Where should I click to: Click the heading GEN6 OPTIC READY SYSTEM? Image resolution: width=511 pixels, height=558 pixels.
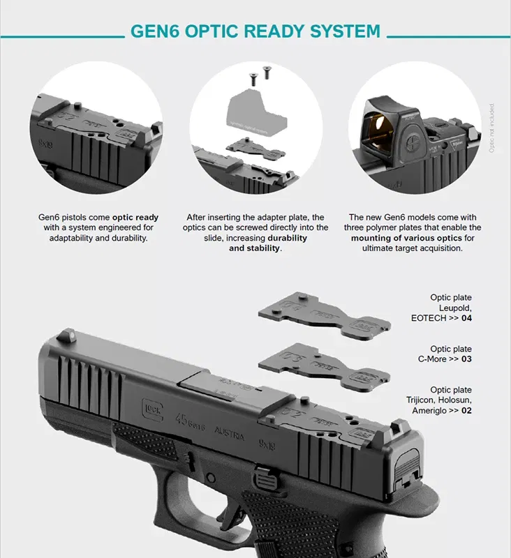(x=256, y=31)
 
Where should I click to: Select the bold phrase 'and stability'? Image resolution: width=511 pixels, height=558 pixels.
(x=254, y=248)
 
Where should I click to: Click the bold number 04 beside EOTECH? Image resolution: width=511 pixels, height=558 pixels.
(x=466, y=318)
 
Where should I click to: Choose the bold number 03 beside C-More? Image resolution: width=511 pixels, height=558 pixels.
(x=466, y=359)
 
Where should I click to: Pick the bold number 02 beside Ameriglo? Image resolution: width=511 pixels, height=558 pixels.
(x=466, y=411)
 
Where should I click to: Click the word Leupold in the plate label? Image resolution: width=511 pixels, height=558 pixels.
(x=455, y=308)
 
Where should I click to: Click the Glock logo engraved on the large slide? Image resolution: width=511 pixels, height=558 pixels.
(x=151, y=407)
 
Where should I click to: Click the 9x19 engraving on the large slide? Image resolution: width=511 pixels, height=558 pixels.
(x=269, y=444)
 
